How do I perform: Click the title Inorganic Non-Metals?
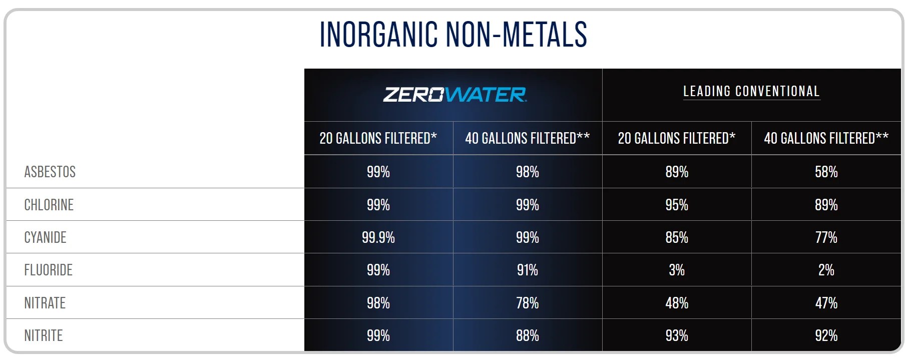pos(453,35)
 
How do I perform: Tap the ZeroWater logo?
pos(454,95)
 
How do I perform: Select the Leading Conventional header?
pos(751,91)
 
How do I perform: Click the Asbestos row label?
pos(50,172)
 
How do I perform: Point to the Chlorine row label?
pos(49,205)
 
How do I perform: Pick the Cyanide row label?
pos(46,237)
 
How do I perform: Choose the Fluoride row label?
pos(49,270)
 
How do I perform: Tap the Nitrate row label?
pos(45,303)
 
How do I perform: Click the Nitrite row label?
pos(44,335)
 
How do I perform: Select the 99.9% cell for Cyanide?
pos(378,237)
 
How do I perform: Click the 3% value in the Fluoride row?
pos(677,270)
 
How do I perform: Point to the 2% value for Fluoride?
pos(826,270)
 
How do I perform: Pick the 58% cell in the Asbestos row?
pos(826,172)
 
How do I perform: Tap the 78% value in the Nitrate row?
pos(528,303)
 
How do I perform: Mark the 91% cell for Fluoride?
pos(528,270)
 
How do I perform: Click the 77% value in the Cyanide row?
pos(826,237)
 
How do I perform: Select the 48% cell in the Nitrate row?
pos(677,303)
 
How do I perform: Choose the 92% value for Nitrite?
pos(826,335)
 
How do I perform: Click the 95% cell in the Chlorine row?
pos(677,205)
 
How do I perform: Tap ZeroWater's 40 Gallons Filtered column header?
pos(528,138)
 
